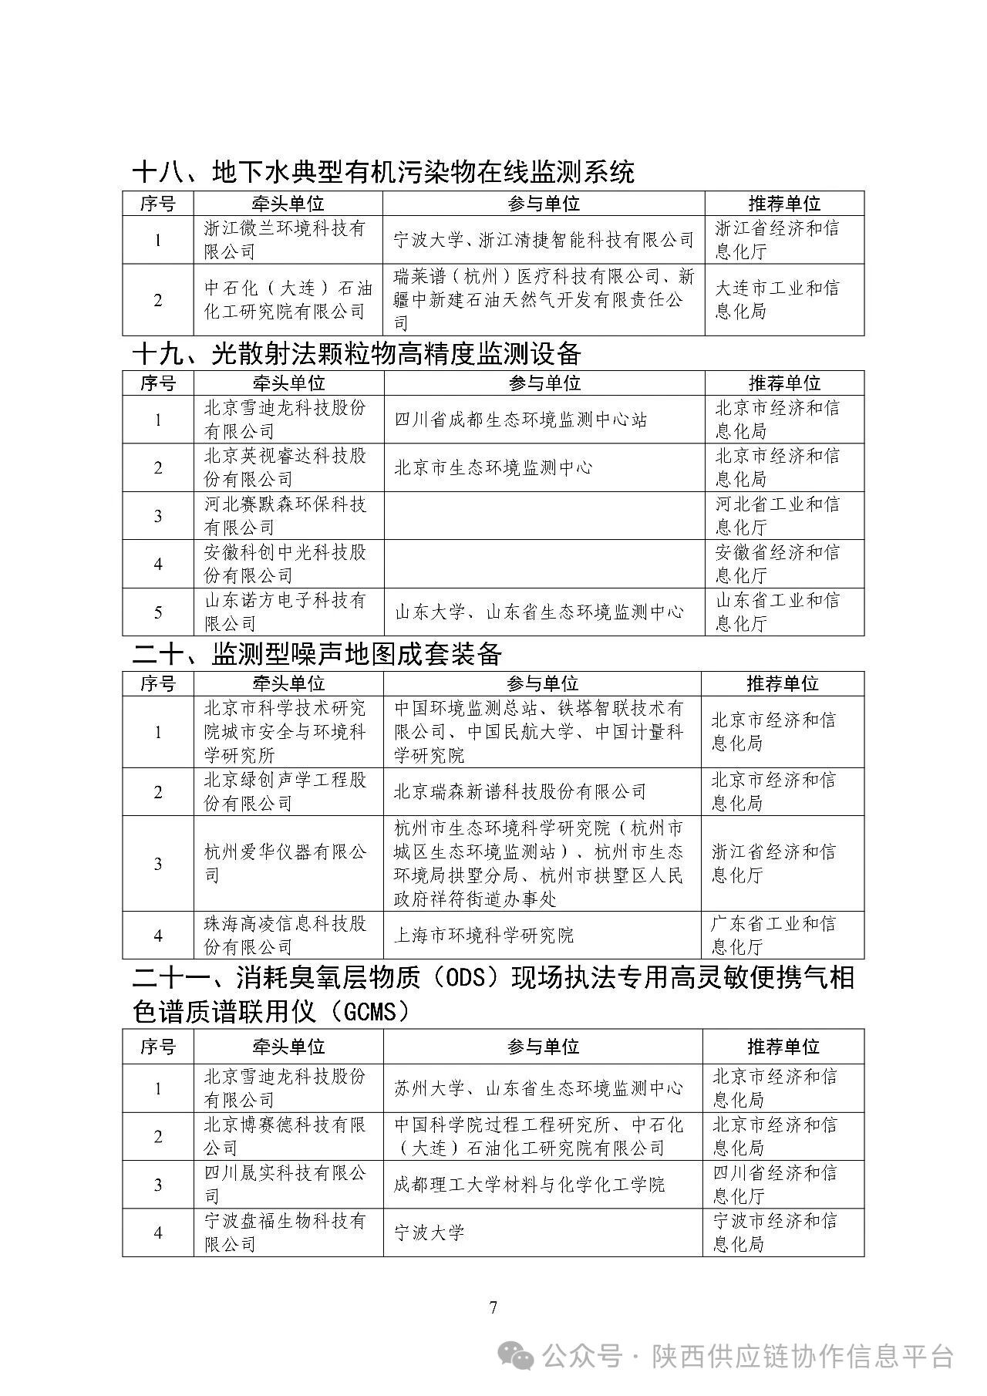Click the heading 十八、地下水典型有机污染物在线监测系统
pyautogui.click(x=383, y=171)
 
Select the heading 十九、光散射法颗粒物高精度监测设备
pyautogui.click(x=356, y=353)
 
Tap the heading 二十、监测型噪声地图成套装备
pyautogui.click(x=317, y=654)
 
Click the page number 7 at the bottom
pyautogui.click(x=493, y=1307)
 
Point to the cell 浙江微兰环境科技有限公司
pyautogui.click(x=288, y=240)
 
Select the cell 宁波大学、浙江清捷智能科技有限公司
pyautogui.click(x=544, y=240)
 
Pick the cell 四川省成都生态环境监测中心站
pyautogui.click(x=520, y=420)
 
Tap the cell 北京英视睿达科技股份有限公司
pyautogui.click(x=288, y=467)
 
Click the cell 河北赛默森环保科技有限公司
pyautogui.click(x=288, y=515)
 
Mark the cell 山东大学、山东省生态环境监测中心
pyautogui.click(x=539, y=612)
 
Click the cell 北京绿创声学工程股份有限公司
pyautogui.click(x=288, y=791)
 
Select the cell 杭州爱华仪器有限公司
pyautogui.click(x=288, y=863)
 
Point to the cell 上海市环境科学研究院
pyautogui.click(x=483, y=936)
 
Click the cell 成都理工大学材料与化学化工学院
pyautogui.click(x=529, y=1185)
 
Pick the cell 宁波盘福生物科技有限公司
pyautogui.click(x=288, y=1232)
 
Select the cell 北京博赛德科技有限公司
pyautogui.click(x=288, y=1136)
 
